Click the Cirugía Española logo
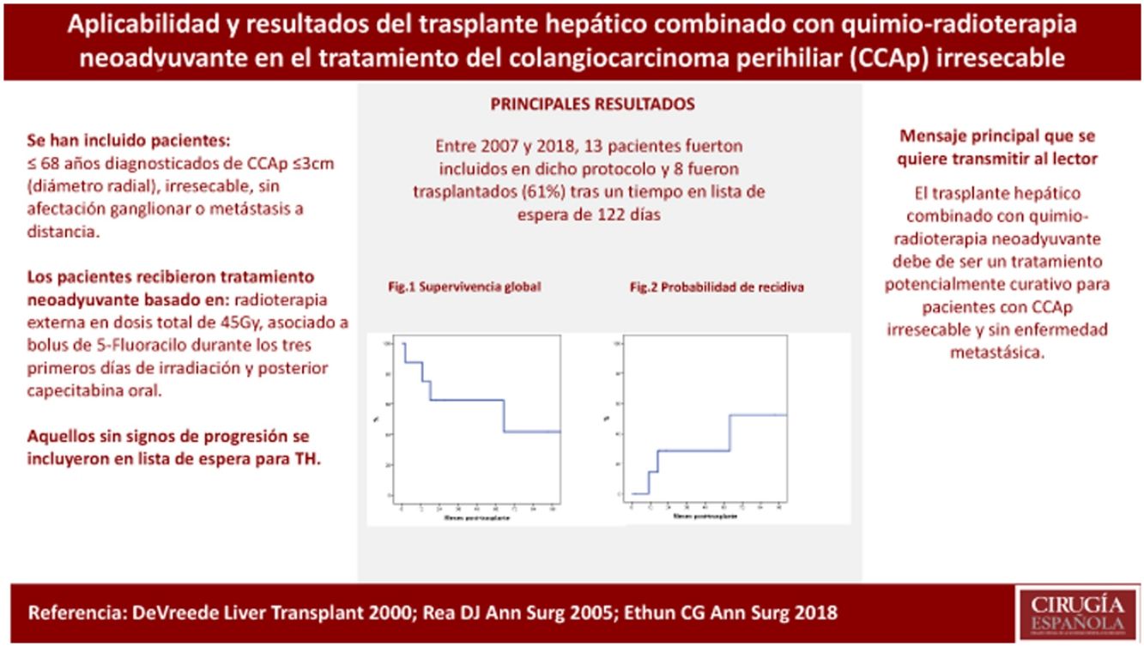point(1076,613)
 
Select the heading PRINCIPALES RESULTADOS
point(592,105)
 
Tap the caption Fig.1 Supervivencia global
point(464,287)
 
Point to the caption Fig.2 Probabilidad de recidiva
point(717,287)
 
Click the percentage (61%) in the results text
point(542,192)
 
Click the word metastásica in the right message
point(996,352)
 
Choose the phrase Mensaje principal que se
point(997,136)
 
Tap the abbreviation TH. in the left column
point(305,459)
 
